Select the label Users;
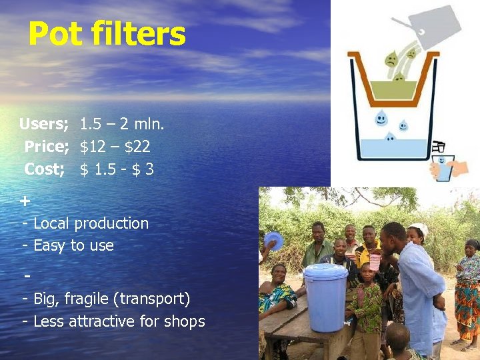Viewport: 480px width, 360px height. point(43,124)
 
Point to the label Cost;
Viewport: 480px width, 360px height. point(44,169)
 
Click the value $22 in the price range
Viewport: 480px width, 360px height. point(137,147)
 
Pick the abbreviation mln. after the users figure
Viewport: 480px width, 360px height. point(151,124)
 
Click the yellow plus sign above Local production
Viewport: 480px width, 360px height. point(25,200)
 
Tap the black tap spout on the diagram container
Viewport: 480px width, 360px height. point(439,146)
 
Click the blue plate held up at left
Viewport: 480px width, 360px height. point(273,240)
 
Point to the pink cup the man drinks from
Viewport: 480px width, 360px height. point(375,261)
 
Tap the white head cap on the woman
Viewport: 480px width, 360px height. point(419,228)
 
